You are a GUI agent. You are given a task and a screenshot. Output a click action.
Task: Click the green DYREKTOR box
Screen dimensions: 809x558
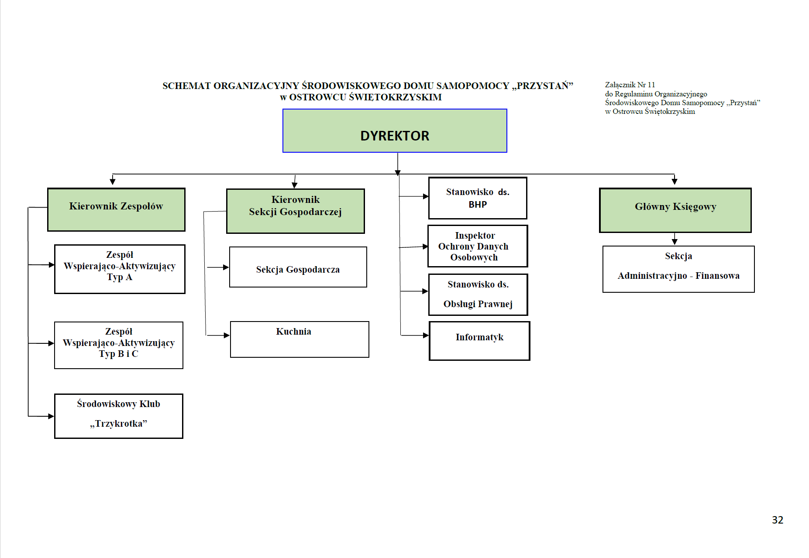pos(395,130)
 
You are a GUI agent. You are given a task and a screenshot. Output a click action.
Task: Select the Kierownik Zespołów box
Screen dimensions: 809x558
pos(116,209)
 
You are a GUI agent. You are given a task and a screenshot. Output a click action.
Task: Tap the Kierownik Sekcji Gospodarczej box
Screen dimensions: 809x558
pos(295,211)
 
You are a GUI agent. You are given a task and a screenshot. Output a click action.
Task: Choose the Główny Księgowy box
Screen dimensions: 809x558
pos(675,210)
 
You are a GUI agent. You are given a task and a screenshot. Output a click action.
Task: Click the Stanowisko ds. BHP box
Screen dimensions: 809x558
pos(478,198)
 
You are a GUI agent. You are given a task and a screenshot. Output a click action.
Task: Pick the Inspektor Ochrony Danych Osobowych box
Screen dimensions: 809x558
pos(478,246)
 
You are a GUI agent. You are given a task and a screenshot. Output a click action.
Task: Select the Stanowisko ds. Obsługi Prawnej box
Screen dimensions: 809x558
pos(478,294)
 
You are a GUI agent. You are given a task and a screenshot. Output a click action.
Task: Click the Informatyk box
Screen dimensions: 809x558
pos(479,341)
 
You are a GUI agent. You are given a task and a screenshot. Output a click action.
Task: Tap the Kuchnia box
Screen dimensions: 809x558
pos(300,339)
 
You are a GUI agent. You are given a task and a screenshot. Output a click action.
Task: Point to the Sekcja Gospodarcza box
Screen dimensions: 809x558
pos(298,267)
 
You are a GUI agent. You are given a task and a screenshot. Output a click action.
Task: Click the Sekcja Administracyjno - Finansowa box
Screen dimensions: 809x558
pos(678,269)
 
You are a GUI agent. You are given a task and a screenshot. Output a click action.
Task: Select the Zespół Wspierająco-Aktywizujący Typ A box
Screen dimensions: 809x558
pos(120,269)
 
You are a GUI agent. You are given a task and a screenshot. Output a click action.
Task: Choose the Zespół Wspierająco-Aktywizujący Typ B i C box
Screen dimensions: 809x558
pos(119,345)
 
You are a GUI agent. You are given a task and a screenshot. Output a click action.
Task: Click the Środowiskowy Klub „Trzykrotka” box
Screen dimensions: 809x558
pos(119,416)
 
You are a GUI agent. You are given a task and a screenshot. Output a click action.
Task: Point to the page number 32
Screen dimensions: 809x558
pos(778,520)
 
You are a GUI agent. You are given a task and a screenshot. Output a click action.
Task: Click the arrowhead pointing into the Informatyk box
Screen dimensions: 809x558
pos(426,335)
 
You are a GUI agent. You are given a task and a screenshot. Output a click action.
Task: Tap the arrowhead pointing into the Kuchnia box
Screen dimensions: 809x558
pos(227,335)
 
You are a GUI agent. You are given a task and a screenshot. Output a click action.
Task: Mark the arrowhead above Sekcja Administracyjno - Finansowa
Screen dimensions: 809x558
pos(675,242)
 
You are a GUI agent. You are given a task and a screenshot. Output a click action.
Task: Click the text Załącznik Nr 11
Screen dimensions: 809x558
pos(630,85)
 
